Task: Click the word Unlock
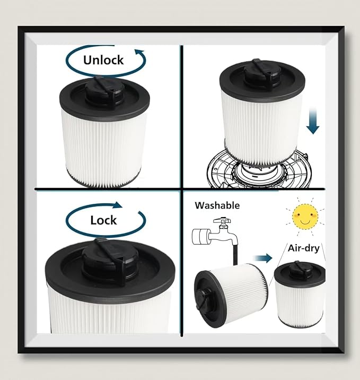103,59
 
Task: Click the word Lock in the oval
103,220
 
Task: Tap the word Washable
217,205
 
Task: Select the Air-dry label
303,248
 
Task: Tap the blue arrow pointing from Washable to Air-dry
263,258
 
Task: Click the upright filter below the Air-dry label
300,295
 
